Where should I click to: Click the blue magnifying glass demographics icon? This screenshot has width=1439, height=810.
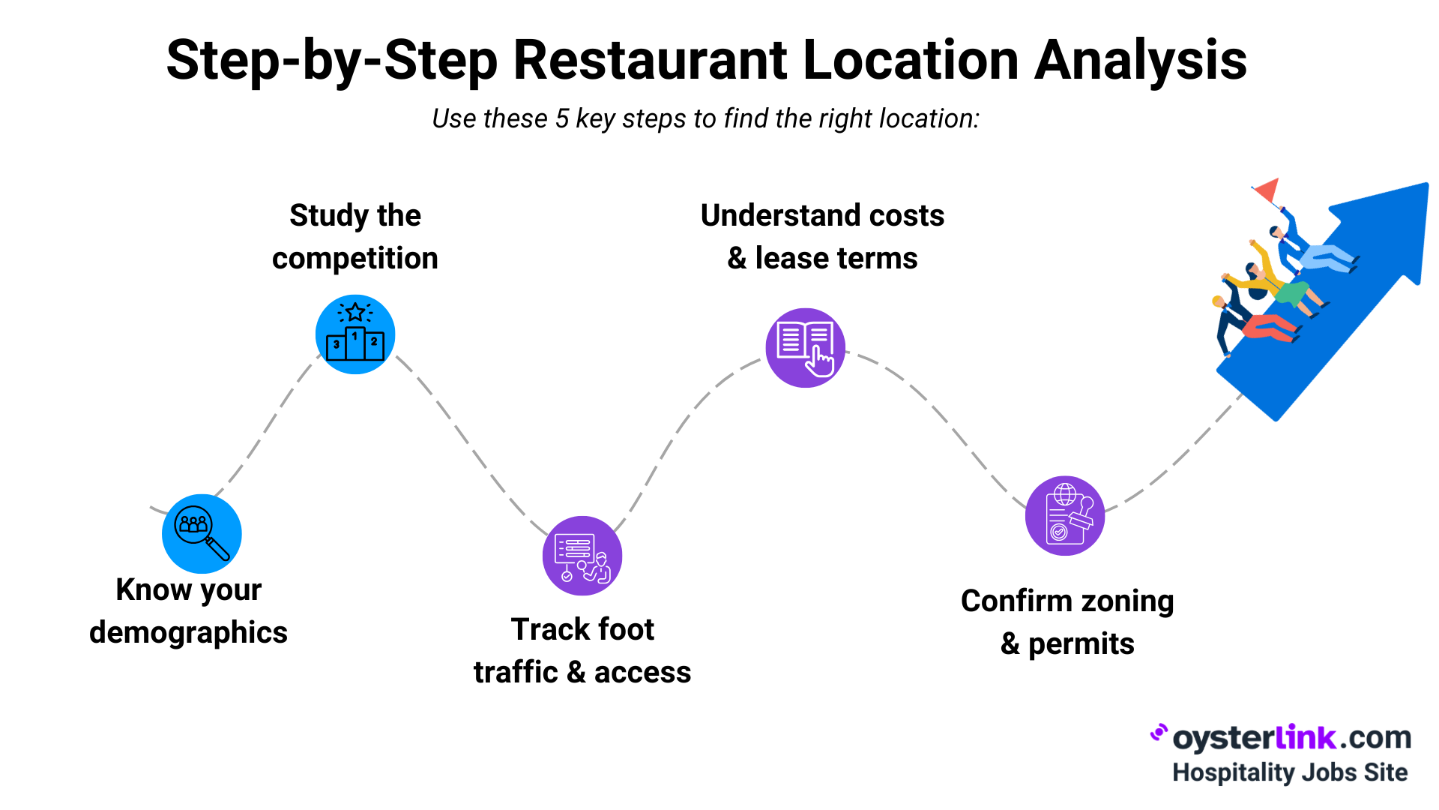coord(202,533)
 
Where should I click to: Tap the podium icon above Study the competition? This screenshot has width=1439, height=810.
coord(355,334)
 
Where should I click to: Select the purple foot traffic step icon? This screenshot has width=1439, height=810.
coord(582,556)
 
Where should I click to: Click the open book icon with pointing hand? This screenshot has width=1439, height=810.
coord(805,348)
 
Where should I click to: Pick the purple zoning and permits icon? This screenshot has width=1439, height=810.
coord(1065,516)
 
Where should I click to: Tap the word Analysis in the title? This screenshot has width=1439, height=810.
coord(1140,60)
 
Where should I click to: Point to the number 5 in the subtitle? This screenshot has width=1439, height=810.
coord(562,119)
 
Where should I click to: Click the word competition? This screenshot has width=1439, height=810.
coord(355,259)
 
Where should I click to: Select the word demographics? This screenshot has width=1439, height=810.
coord(188,633)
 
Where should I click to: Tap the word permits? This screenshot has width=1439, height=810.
coord(1081,644)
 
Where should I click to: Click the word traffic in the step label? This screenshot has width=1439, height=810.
coord(516,673)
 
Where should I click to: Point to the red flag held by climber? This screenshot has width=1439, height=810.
coord(1267,190)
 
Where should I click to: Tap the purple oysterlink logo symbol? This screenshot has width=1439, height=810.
coord(1159,733)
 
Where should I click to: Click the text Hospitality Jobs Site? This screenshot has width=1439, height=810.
coord(1289,772)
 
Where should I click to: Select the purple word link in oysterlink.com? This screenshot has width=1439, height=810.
coord(1305,737)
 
